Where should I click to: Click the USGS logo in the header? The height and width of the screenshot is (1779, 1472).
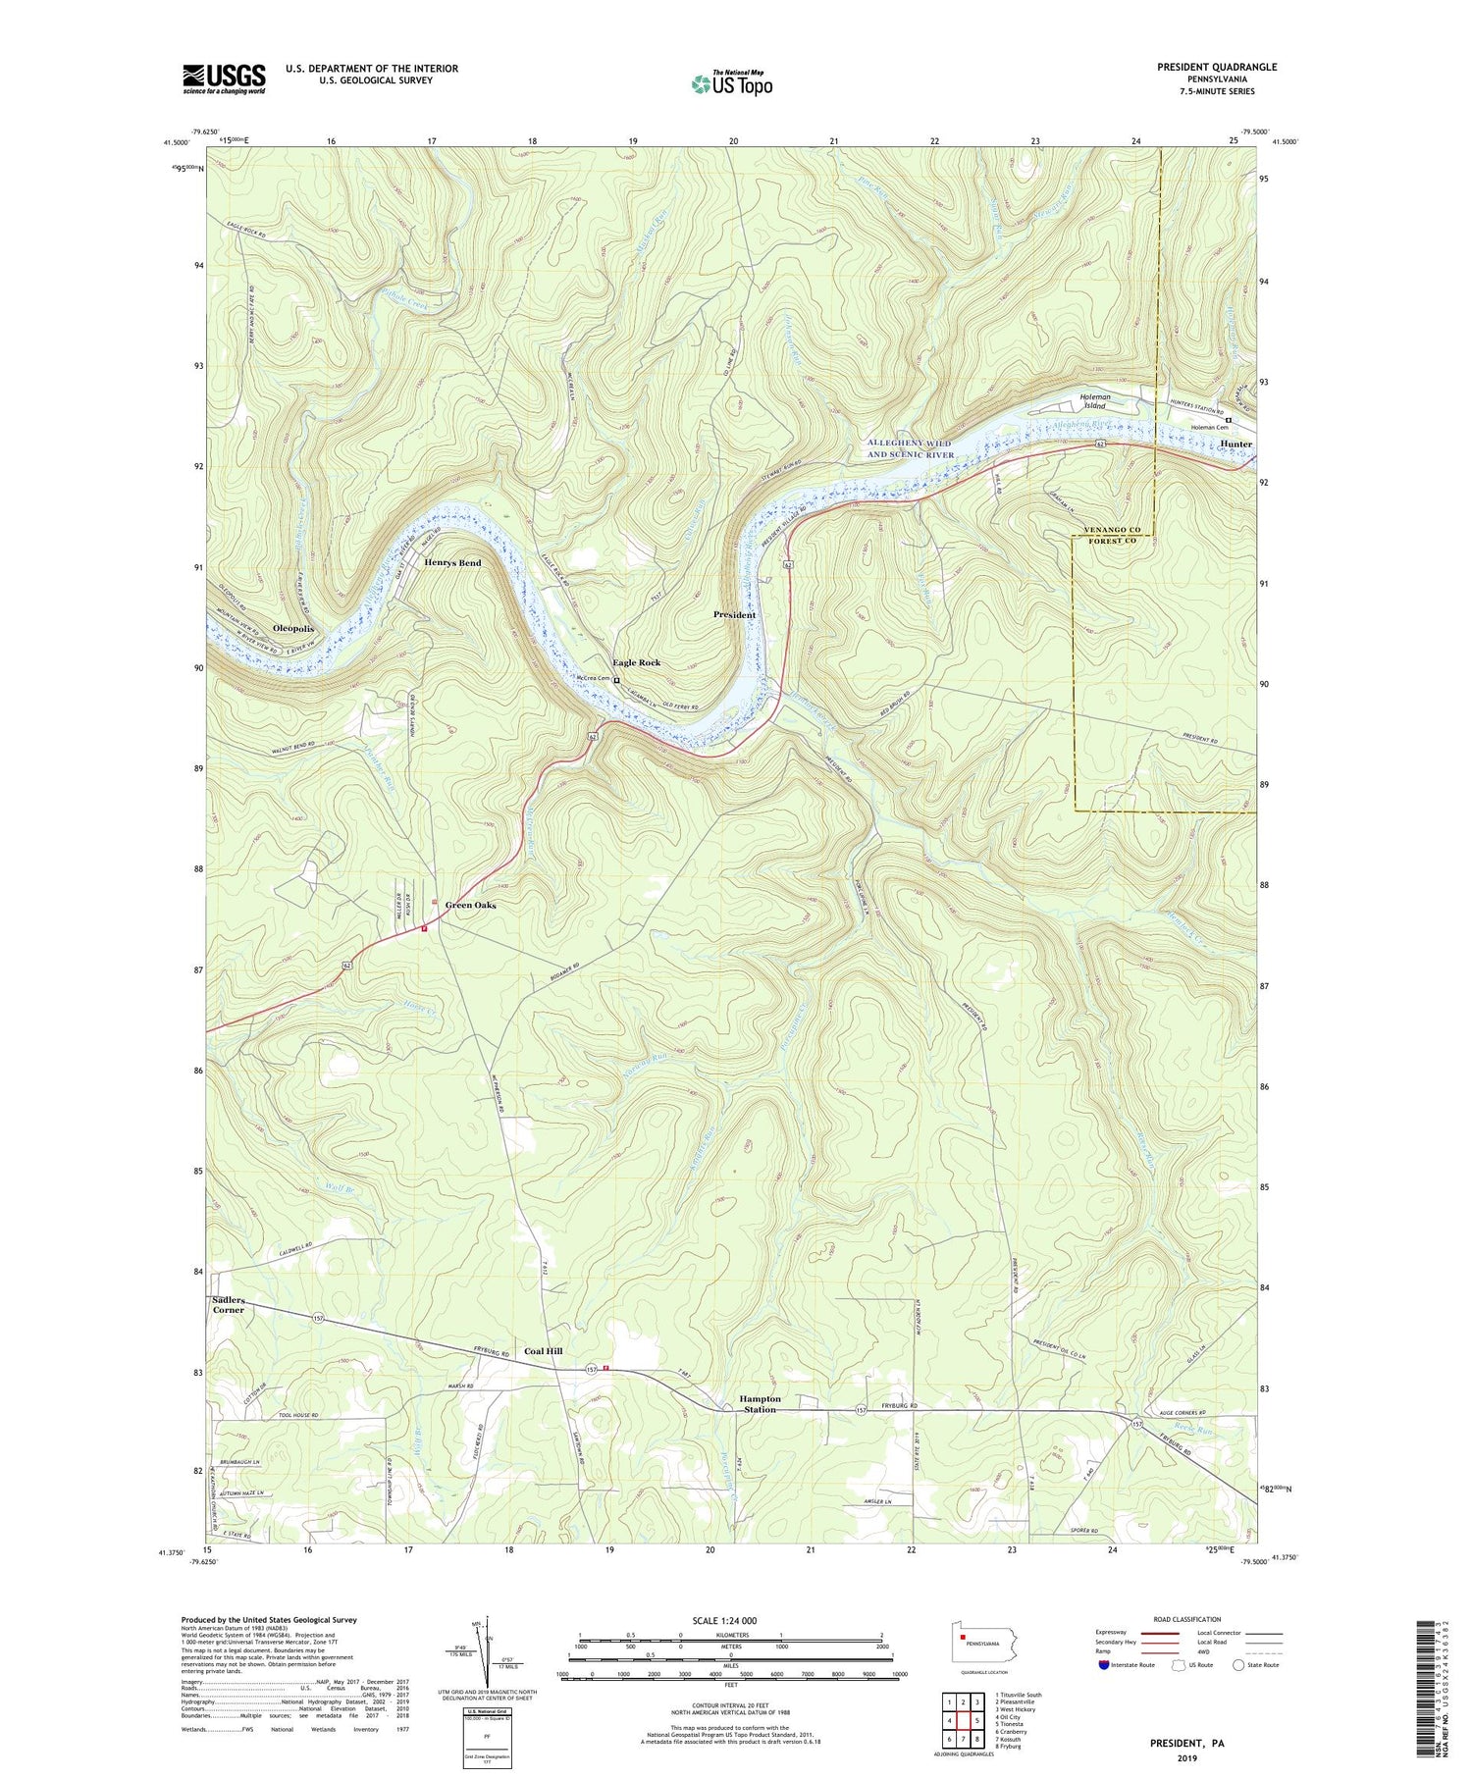[224, 78]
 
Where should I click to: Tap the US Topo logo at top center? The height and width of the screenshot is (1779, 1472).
[731, 83]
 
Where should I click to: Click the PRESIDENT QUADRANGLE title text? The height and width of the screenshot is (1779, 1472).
[1216, 67]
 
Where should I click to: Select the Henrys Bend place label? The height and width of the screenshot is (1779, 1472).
[452, 562]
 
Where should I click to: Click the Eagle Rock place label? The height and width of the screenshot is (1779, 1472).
[636, 662]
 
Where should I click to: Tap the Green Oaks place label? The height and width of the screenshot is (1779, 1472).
[470, 905]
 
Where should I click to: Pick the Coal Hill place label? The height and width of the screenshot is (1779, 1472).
[543, 1351]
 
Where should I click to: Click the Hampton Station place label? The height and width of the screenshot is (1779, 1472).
[760, 1404]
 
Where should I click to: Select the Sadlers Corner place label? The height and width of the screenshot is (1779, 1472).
[228, 1304]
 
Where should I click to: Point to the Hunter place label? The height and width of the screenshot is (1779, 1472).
[1235, 445]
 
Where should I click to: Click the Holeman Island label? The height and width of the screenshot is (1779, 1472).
[1093, 400]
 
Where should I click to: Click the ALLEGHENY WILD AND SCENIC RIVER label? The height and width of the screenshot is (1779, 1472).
[909, 448]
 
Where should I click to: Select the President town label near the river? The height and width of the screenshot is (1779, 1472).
[734, 614]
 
